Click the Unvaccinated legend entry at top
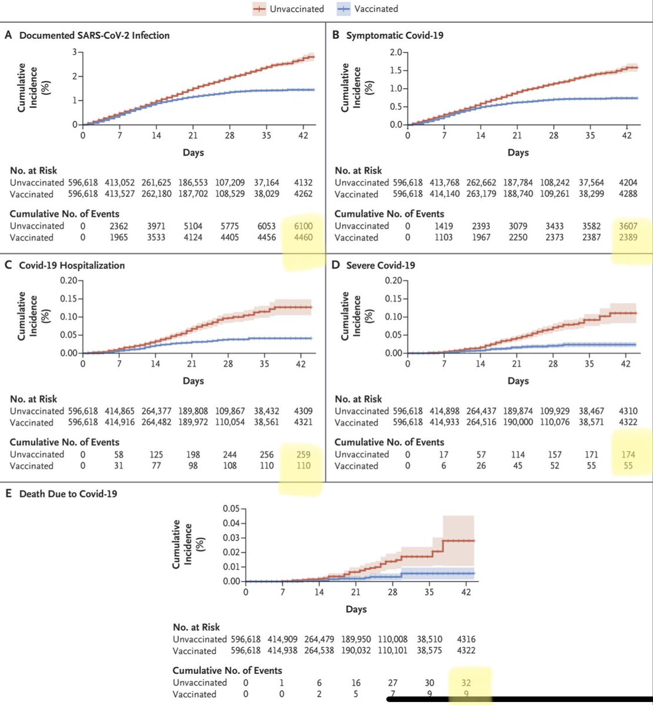(289, 9)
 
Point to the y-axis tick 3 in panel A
(75, 52)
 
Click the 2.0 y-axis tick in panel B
(394, 52)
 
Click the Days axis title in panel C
(193, 381)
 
